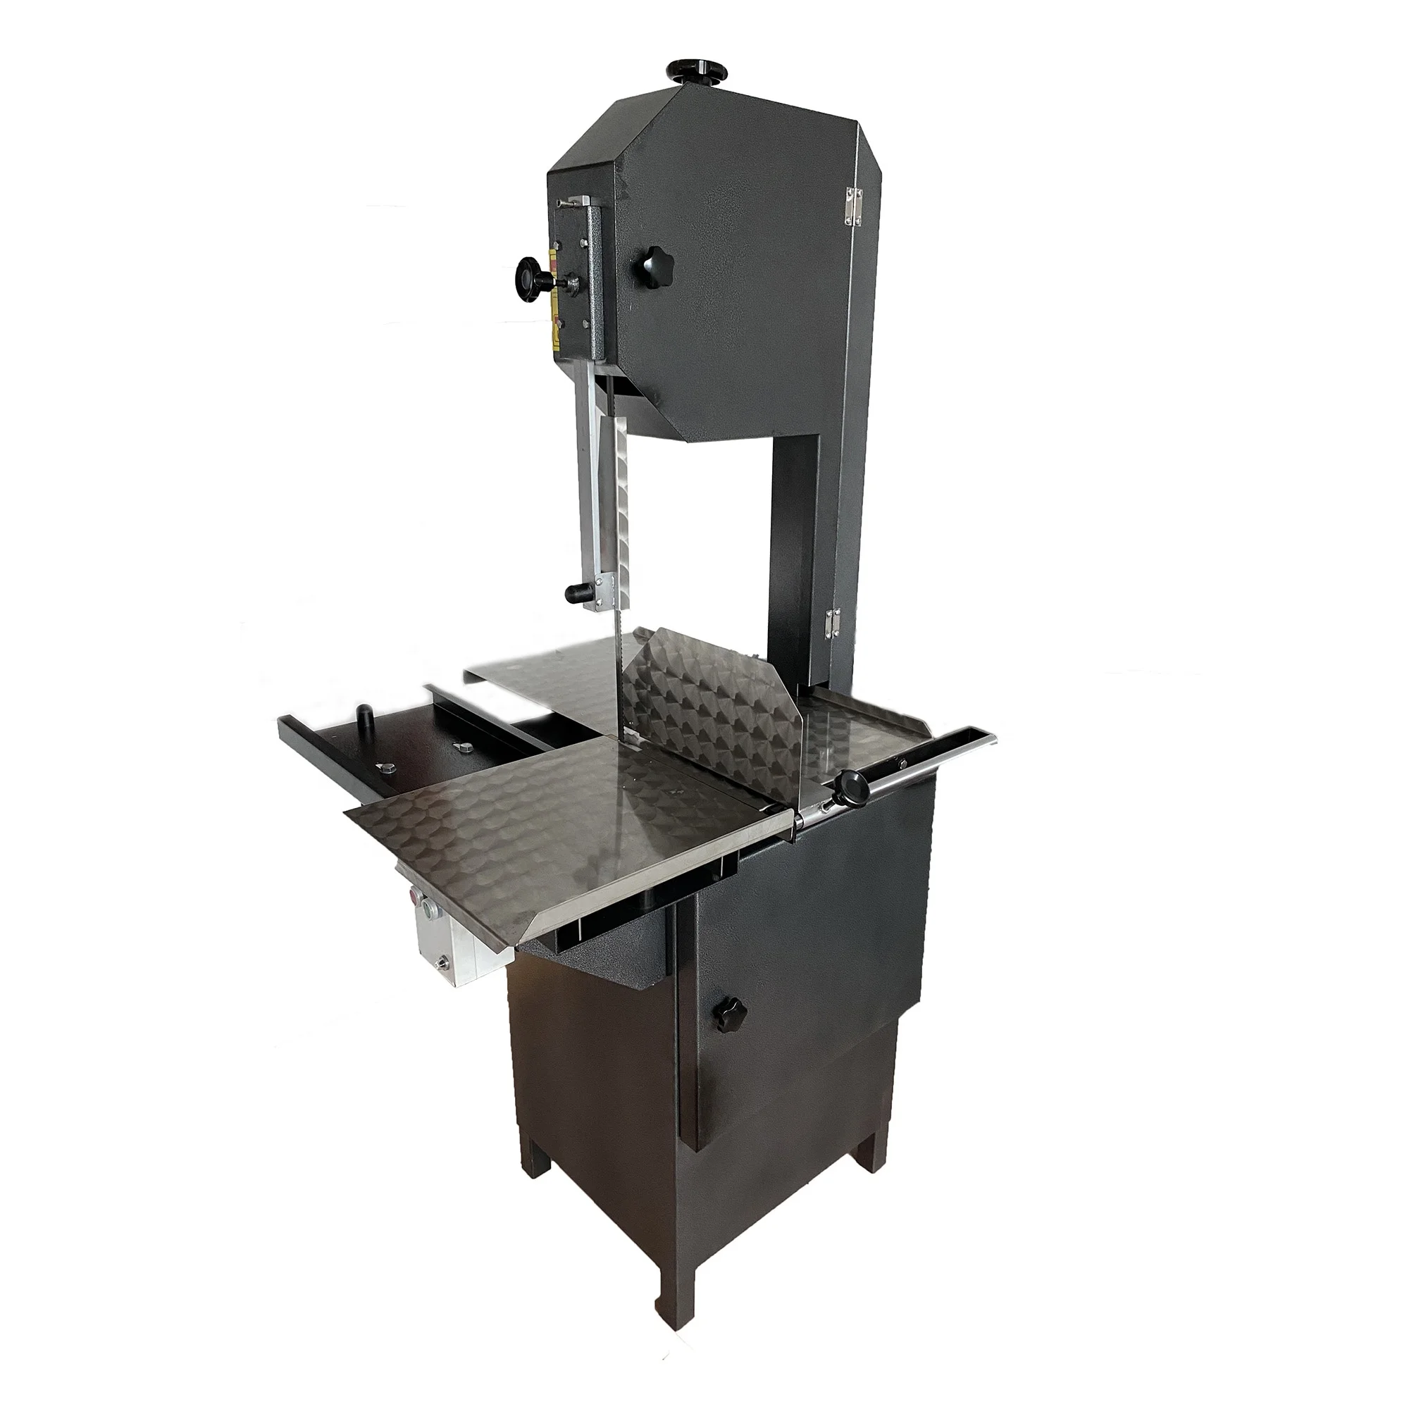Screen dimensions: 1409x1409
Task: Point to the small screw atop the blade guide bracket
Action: pos(560,202)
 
